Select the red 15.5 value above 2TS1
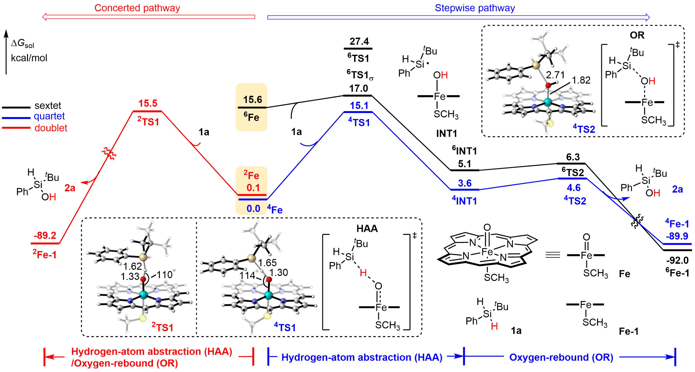pyautogui.click(x=148, y=103)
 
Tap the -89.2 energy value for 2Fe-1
pyautogui.click(x=45, y=236)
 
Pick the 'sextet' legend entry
pyautogui.click(x=48, y=105)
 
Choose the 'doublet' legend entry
pyautogui.click(x=51, y=128)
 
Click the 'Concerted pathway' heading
pyautogui.click(x=137, y=8)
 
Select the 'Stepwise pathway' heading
pyautogui.click(x=475, y=8)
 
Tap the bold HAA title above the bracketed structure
pyautogui.click(x=367, y=229)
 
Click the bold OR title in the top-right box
pyautogui.click(x=637, y=35)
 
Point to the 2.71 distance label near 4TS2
pyautogui.click(x=555, y=75)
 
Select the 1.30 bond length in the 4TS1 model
pyautogui.click(x=278, y=273)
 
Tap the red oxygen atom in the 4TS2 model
pyautogui.click(x=548, y=85)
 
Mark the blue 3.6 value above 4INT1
pyautogui.click(x=465, y=184)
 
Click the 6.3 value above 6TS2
pyautogui.click(x=573, y=157)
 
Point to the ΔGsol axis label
pyautogui.click(x=23, y=44)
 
